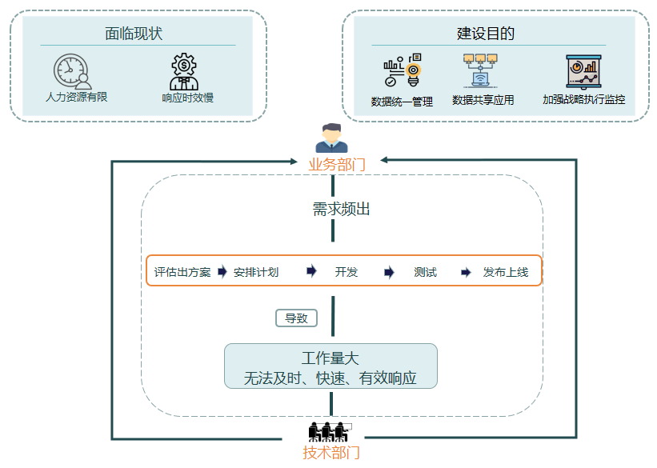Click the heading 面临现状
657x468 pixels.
[x=134, y=34]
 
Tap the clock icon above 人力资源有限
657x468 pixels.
[x=72, y=70]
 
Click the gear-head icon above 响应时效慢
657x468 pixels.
[x=184, y=71]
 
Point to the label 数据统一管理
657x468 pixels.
[x=402, y=102]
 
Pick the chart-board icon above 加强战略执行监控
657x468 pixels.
[x=583, y=71]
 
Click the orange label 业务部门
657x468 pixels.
[x=337, y=165]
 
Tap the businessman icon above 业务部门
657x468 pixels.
[x=331, y=138]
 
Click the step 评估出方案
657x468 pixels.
[x=182, y=272]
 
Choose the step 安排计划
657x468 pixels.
[x=256, y=272]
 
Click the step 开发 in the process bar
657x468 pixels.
[x=347, y=272]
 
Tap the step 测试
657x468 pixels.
[x=426, y=272]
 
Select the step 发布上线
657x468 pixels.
[x=505, y=272]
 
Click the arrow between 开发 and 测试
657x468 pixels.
[x=389, y=272]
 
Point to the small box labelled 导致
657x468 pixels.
[x=296, y=318]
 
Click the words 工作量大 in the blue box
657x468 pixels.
[x=331, y=358]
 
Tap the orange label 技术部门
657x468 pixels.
[x=331, y=453]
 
